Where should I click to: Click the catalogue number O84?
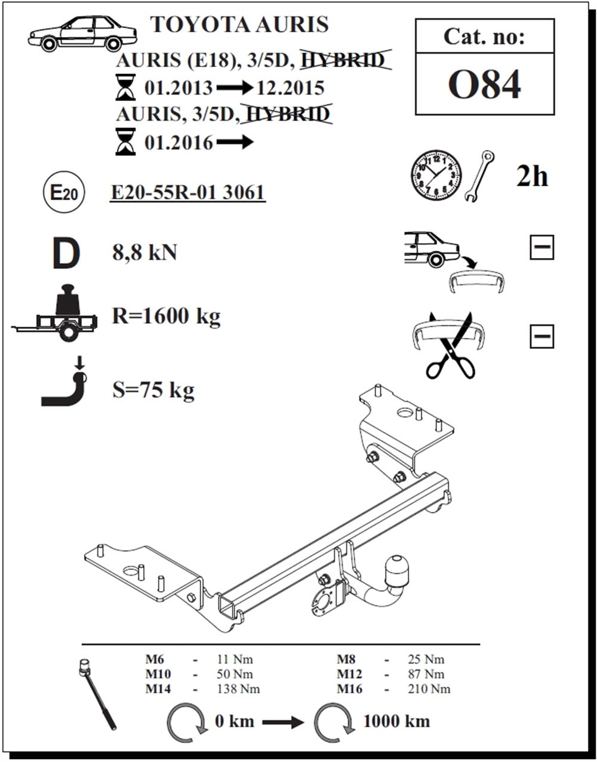click(485, 85)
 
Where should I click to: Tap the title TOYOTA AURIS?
click(239, 24)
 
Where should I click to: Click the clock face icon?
click(436, 176)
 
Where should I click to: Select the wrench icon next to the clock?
click(479, 176)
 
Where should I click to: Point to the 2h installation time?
click(532, 176)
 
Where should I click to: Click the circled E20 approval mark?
click(64, 192)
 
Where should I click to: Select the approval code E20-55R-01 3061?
click(188, 192)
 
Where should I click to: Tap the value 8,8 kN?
click(144, 253)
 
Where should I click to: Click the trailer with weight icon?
click(55, 313)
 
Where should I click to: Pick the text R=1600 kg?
click(166, 316)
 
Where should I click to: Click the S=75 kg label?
click(153, 390)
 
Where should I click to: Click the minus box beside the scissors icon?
click(541, 336)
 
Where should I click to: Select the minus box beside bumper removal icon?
click(541, 247)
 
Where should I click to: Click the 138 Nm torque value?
click(238, 689)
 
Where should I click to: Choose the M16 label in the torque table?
click(349, 689)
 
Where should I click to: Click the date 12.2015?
click(291, 88)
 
